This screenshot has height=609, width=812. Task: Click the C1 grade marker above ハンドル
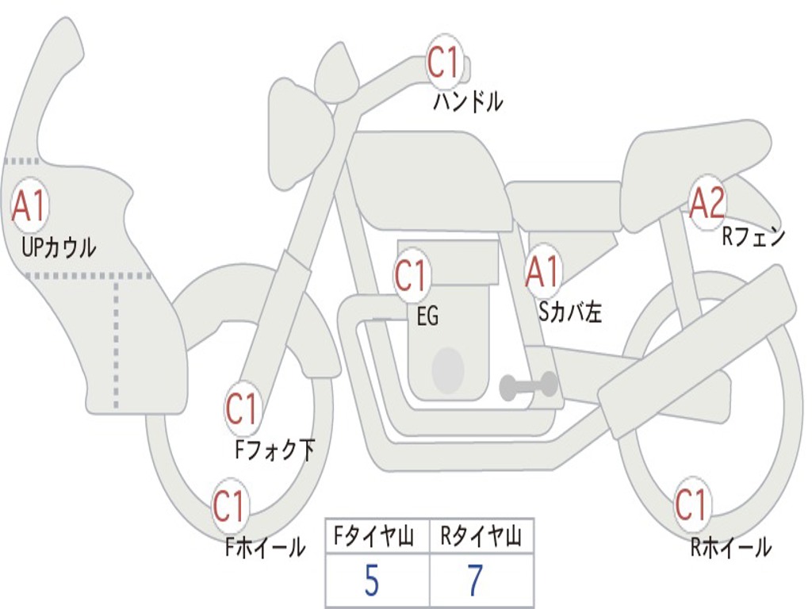pyautogui.click(x=445, y=63)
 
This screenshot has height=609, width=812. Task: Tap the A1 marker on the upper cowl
pyautogui.click(x=30, y=205)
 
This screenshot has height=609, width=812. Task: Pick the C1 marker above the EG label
pyautogui.click(x=412, y=275)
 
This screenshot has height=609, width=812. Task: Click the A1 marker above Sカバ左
pyautogui.click(x=543, y=272)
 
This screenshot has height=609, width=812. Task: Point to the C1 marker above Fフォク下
pyautogui.click(x=243, y=409)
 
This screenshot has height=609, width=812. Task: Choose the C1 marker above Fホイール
pyautogui.click(x=229, y=505)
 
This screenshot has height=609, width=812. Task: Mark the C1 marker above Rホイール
pyautogui.click(x=691, y=504)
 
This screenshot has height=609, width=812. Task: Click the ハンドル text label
pyautogui.click(x=468, y=101)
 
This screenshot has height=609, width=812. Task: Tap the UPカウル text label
pyautogui.click(x=59, y=247)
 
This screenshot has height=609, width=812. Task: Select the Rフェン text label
pyautogui.click(x=754, y=236)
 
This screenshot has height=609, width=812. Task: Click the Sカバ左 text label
pyautogui.click(x=569, y=312)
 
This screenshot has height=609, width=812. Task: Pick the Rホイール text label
pyautogui.click(x=731, y=547)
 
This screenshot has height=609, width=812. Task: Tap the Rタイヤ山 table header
pyautogui.click(x=481, y=536)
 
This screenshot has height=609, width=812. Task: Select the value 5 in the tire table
pyautogui.click(x=372, y=580)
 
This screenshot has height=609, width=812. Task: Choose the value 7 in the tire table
pyautogui.click(x=476, y=580)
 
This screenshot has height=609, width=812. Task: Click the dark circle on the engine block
pyautogui.click(x=448, y=370)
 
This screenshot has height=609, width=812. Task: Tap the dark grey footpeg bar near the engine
pyautogui.click(x=528, y=385)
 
